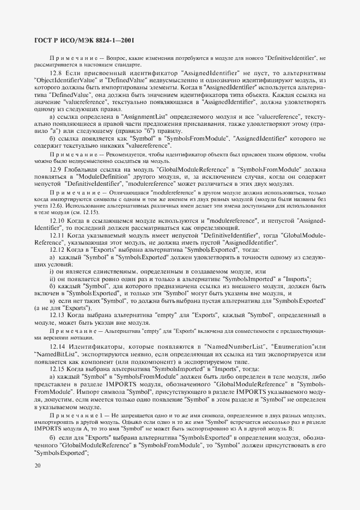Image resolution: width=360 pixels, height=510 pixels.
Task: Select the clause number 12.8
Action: click(x=57, y=73)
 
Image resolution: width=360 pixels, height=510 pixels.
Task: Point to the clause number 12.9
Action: click(x=57, y=171)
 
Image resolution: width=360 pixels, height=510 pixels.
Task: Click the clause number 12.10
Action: click(x=58, y=220)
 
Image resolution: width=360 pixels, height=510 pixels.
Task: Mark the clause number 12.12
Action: click(x=58, y=248)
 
